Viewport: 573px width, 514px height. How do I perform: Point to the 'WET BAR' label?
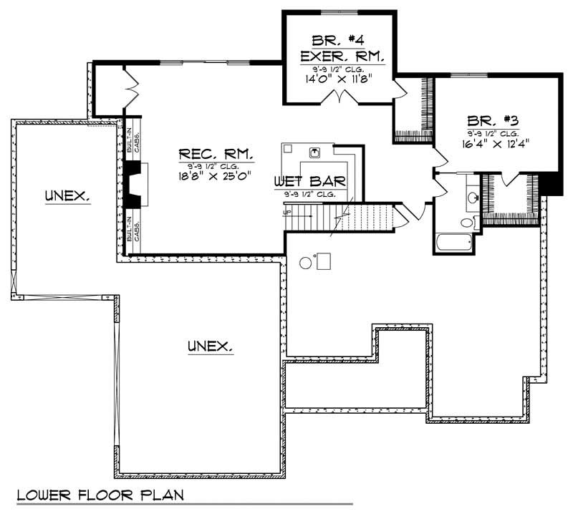pos(309,182)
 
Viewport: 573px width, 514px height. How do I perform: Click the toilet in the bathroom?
pos(467,223)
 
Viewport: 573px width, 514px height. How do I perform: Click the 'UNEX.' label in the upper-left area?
pos(67,194)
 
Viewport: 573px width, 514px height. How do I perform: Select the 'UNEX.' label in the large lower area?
pos(210,346)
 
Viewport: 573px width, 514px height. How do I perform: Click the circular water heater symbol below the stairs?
pos(306,263)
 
